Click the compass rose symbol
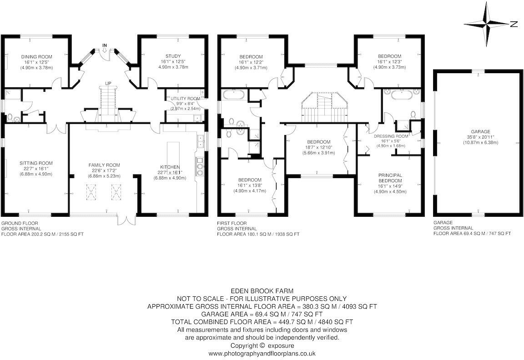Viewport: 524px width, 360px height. coord(489,24)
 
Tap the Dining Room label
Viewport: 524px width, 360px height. coord(36,57)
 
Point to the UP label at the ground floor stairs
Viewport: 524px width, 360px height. coord(108,83)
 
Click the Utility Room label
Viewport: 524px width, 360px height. coord(185,99)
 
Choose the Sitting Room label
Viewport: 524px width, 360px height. coord(36,163)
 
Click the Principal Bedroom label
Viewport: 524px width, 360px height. coord(389,177)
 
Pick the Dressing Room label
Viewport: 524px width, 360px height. coord(391,136)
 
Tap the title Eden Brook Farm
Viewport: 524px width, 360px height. coord(262,290)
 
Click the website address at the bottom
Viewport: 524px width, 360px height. coord(262,353)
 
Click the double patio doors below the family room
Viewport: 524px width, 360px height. coord(126,220)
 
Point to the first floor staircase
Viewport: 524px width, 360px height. coord(324,107)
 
